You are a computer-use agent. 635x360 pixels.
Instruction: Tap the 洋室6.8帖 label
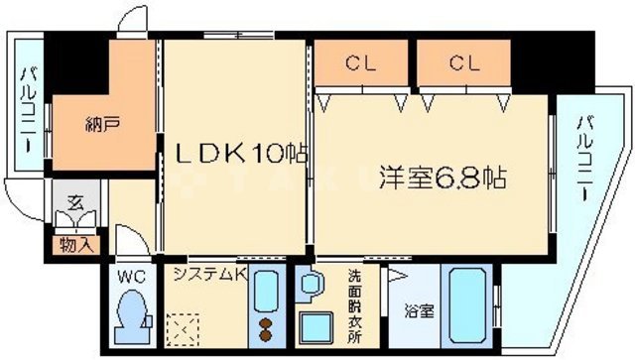[442, 180]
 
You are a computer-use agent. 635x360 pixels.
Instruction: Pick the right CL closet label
[462, 64]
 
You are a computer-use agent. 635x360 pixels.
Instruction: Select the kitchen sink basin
[266, 292]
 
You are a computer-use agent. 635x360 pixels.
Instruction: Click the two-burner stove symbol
[266, 329]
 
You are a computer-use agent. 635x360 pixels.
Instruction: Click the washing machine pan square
[317, 328]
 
